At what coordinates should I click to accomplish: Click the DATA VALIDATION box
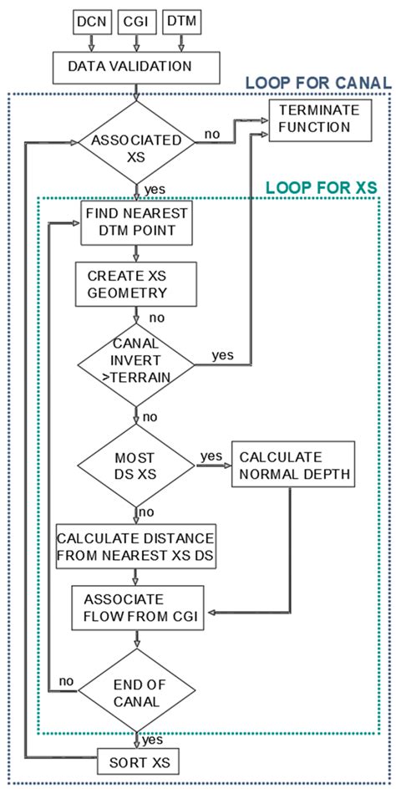coord(136,68)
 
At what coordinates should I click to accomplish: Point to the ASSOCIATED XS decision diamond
coord(135,143)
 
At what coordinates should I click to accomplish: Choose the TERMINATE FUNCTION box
coord(321,120)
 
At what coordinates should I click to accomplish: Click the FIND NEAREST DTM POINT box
coord(136,222)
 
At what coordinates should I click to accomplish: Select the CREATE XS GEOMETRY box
coord(135,284)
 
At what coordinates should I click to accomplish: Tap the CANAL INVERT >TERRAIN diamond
coord(135,364)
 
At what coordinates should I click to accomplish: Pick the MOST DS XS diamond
coord(135,466)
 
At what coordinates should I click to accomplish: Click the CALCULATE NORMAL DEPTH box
coord(292,465)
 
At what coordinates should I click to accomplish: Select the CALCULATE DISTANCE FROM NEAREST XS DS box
coord(135,546)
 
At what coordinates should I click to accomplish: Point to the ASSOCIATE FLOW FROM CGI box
coord(137,608)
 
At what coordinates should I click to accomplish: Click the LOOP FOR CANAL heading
coord(318,83)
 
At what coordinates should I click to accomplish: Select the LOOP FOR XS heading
coord(322,188)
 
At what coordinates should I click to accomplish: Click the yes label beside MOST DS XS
coord(211,456)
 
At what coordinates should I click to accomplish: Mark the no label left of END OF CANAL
coord(65,681)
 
